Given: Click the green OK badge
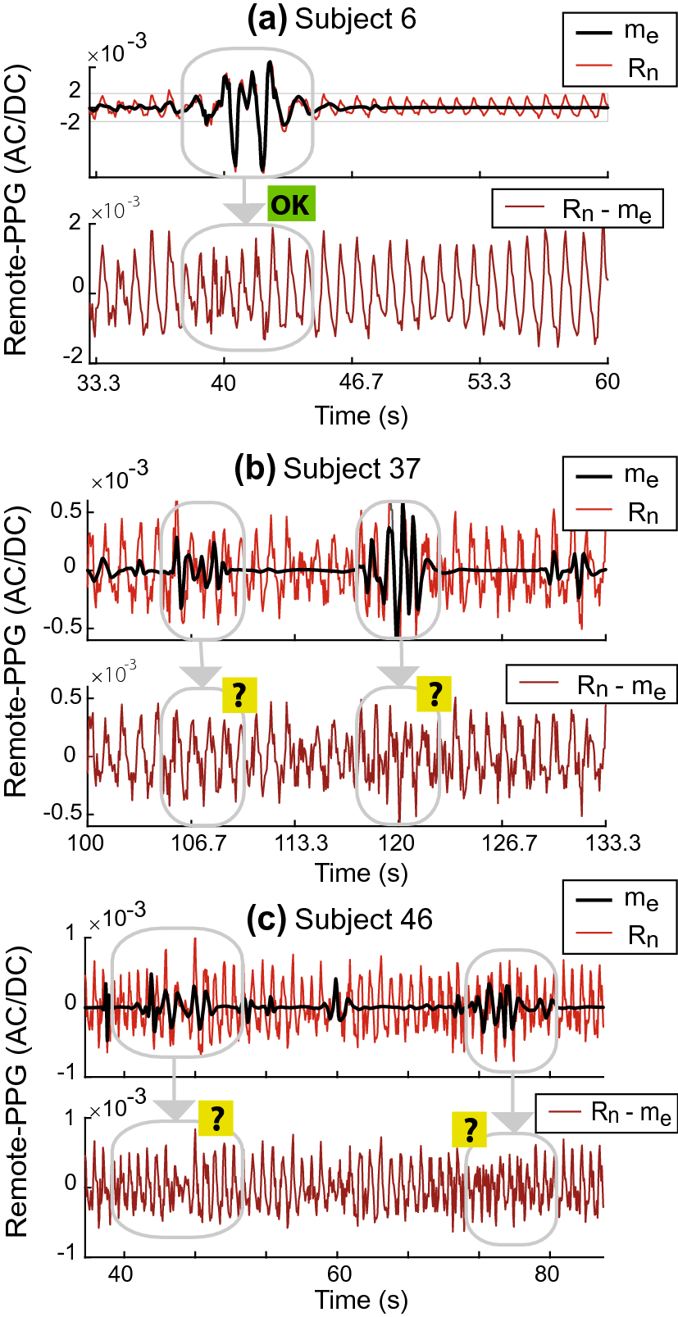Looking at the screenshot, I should (x=290, y=203).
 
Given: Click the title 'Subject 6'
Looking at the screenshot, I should (x=355, y=19).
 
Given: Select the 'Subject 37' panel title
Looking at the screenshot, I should (x=351, y=469).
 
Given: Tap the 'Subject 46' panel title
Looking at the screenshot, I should (x=363, y=920).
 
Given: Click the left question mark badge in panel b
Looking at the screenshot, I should (x=239, y=694).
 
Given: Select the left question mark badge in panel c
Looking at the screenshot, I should (x=216, y=1118).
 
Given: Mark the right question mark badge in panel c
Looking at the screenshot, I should (x=470, y=1130).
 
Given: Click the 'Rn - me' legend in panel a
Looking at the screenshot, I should (x=607, y=210).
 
